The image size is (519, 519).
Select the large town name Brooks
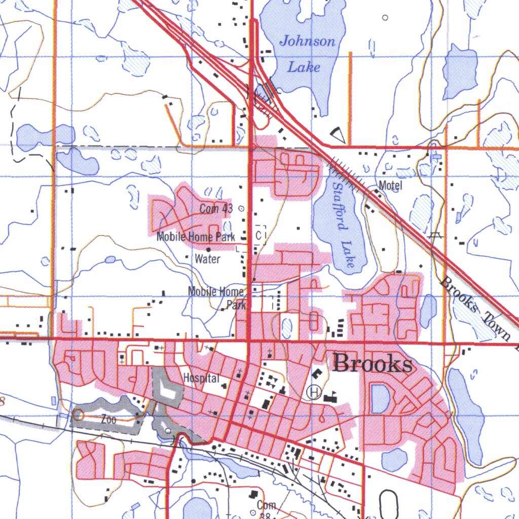tap(373, 363)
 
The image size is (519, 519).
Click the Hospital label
tap(201, 378)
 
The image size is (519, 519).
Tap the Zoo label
tap(108, 419)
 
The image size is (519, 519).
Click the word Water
tap(208, 259)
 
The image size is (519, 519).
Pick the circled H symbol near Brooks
tap(314, 391)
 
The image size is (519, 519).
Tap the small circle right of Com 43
tap(241, 208)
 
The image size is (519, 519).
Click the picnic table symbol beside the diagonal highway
tap(434, 235)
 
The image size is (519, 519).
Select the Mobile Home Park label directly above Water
tap(196, 237)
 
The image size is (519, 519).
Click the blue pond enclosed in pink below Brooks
tap(379, 398)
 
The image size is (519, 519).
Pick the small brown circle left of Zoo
tap(78, 415)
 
